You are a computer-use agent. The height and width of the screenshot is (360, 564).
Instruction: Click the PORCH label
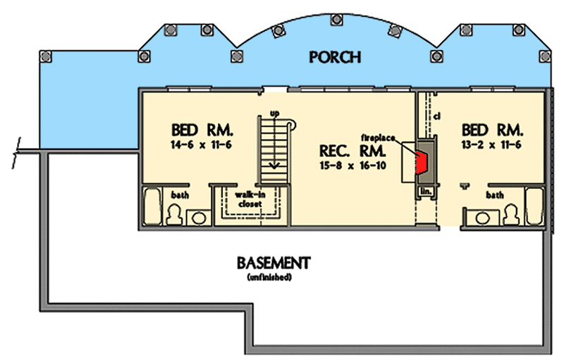point(335,57)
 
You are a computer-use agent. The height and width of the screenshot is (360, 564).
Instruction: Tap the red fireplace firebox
point(421,162)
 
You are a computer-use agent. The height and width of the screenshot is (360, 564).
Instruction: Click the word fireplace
point(378,138)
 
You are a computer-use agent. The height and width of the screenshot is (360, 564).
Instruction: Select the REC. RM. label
point(352,151)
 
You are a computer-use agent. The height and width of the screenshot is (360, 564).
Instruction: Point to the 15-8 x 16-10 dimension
point(352,166)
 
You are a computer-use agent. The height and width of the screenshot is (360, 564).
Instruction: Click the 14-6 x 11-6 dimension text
point(202,145)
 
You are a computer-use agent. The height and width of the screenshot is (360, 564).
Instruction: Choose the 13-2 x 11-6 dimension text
point(491,145)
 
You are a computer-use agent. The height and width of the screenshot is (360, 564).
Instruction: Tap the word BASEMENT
point(274,263)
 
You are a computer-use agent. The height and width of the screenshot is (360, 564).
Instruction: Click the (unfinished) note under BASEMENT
point(269,278)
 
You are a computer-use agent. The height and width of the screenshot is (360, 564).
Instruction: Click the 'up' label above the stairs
point(274,113)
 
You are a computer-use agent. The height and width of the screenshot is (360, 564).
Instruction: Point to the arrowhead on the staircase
point(274,166)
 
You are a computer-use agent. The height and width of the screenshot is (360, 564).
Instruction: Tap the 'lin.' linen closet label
point(426,192)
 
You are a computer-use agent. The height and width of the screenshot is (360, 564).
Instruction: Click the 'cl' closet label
point(437,116)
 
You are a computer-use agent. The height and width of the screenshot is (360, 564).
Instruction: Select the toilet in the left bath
point(174,214)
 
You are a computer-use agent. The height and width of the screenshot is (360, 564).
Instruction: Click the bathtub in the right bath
point(534,206)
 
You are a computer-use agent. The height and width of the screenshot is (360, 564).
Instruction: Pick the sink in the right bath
point(482,218)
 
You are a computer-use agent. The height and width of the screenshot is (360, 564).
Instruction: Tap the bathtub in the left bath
point(152,206)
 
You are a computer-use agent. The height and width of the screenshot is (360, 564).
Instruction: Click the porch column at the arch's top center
point(336,20)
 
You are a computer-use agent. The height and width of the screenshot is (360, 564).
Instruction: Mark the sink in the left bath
point(199,218)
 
